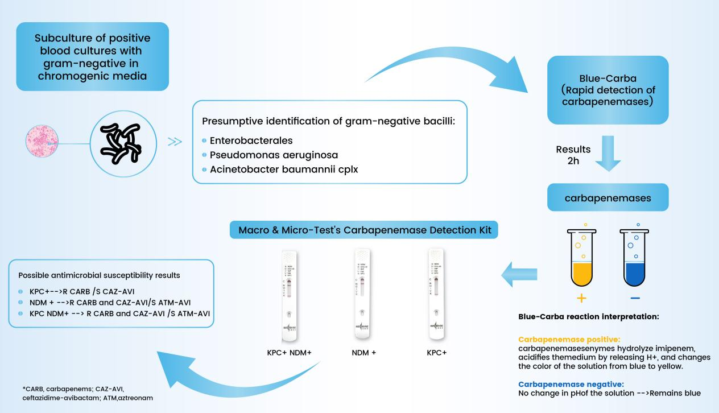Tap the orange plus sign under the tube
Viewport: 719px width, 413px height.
coord(582,298)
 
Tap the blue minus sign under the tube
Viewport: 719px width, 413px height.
coord(635,298)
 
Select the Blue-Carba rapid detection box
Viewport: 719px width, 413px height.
coord(607,90)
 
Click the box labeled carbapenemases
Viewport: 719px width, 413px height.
coord(607,197)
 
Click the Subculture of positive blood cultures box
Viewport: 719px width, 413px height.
coord(93,56)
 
